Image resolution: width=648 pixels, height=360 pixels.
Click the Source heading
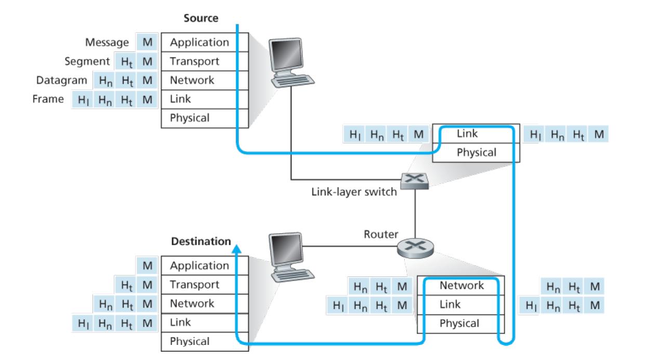(x=201, y=18)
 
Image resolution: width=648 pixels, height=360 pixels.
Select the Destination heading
(x=201, y=241)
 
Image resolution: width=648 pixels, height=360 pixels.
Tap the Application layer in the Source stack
(x=200, y=43)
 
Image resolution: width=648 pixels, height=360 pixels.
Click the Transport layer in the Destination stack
(x=194, y=285)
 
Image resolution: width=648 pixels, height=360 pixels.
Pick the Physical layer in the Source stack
(x=190, y=118)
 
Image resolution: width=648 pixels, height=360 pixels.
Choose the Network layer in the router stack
(x=461, y=285)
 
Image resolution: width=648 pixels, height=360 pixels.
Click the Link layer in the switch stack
(x=467, y=134)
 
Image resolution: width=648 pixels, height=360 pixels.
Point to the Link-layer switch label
(x=354, y=192)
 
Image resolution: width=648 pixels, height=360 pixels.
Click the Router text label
(x=381, y=234)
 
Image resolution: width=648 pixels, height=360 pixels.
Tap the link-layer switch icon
(x=415, y=180)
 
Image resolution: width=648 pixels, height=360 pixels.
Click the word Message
(x=107, y=43)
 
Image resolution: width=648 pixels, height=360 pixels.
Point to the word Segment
(x=87, y=61)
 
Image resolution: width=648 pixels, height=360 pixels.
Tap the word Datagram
(x=62, y=81)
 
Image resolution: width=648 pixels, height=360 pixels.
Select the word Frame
(x=48, y=99)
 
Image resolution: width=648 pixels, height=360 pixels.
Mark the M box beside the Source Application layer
(x=148, y=43)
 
